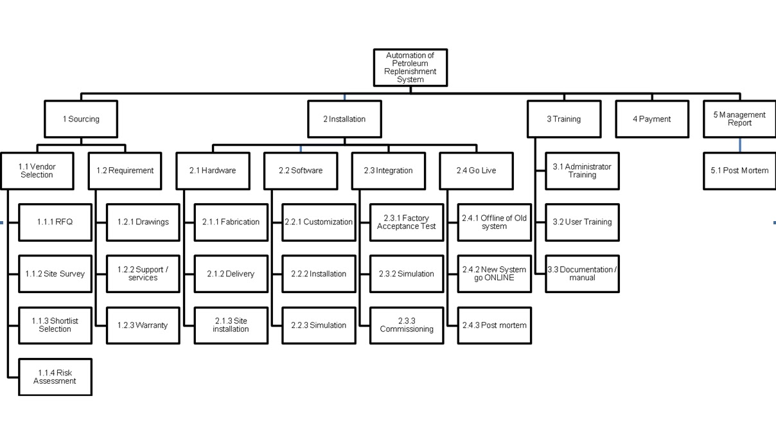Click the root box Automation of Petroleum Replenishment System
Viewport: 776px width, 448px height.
coord(410,67)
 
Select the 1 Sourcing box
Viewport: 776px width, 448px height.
coord(81,119)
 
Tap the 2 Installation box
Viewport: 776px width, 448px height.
coord(344,119)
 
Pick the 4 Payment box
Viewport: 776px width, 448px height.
coord(651,119)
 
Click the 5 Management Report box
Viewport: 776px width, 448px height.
coord(739,119)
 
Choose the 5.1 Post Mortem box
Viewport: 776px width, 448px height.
coord(739,170)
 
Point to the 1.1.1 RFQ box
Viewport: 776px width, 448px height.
coord(55,222)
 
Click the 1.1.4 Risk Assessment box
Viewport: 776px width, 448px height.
coord(55,377)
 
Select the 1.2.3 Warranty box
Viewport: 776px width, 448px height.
coord(143,325)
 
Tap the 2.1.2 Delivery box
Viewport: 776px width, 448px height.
coord(231,274)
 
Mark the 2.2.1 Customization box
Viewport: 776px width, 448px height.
coord(319,222)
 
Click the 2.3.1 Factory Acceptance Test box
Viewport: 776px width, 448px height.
coord(407,222)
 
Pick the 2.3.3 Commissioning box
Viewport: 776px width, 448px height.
coord(407,325)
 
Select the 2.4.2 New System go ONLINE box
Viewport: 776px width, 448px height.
coord(495,274)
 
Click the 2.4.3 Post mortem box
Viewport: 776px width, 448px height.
coord(495,325)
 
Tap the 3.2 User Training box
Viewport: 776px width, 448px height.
coord(582,222)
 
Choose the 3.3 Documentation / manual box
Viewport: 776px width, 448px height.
coord(582,274)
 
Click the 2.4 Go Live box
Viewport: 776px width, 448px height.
coord(476,170)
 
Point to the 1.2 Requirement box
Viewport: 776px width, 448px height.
coord(125,170)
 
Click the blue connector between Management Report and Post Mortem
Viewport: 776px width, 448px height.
coord(739,145)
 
